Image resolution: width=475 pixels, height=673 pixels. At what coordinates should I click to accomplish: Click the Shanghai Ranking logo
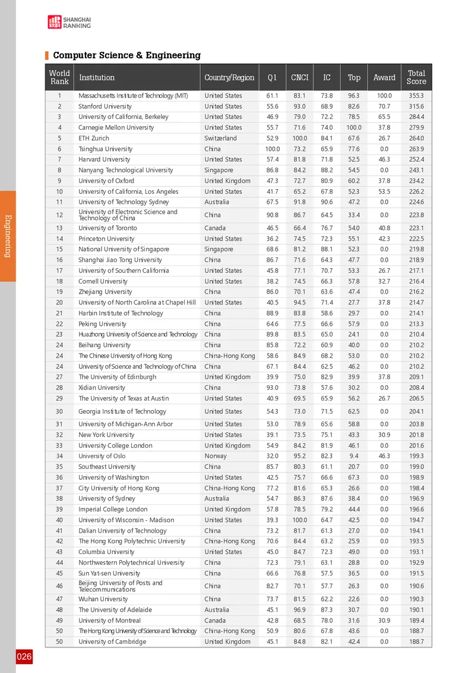click(x=69, y=22)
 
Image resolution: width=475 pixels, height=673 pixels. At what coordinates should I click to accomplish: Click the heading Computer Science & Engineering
click(x=126, y=55)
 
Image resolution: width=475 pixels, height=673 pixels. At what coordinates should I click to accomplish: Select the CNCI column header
click(x=299, y=77)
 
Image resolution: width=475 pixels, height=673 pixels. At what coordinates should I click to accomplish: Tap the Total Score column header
click(x=416, y=77)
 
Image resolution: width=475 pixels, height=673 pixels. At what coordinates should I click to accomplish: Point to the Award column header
click(x=384, y=77)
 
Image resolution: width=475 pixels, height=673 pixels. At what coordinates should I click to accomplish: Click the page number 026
click(x=24, y=657)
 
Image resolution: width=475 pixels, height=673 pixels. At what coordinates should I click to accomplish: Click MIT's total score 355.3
click(x=416, y=96)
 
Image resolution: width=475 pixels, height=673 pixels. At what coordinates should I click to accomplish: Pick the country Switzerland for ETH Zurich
click(x=220, y=139)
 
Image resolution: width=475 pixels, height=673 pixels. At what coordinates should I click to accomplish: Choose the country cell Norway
click(x=216, y=457)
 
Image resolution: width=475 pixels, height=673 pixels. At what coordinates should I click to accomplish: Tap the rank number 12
click(x=59, y=215)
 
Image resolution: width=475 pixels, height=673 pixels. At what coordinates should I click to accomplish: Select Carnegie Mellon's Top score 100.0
click(x=354, y=128)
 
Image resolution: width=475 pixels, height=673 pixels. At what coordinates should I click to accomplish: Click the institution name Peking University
click(x=102, y=324)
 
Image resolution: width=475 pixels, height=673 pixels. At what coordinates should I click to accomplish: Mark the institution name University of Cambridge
click(x=112, y=642)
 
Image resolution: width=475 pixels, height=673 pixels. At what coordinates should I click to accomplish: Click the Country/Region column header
click(x=229, y=77)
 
